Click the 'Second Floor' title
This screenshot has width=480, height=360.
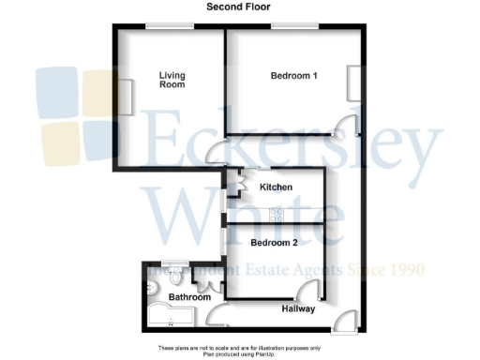click(x=240, y=7)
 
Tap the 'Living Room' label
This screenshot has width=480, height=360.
click(x=172, y=80)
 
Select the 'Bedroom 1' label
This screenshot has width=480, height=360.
click(x=294, y=75)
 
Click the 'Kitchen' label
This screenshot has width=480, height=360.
click(x=276, y=187)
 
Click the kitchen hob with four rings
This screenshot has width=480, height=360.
click(x=277, y=214)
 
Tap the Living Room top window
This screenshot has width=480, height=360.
click(x=169, y=25)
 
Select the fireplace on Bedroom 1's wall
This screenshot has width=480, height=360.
click(x=352, y=82)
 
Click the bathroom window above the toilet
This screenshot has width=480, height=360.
click(x=173, y=262)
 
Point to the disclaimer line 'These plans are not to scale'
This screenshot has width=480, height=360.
click(x=240, y=348)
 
